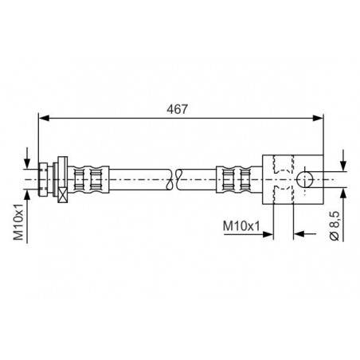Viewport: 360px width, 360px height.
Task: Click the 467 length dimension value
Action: coord(177,109)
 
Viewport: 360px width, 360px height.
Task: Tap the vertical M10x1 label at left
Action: coord(19,221)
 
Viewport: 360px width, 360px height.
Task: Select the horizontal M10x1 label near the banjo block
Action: coord(241,226)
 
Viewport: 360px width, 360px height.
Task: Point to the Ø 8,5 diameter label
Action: coord(335,225)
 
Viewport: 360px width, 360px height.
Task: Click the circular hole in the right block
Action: coord(304,179)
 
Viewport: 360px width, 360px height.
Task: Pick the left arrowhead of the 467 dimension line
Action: coord(44,118)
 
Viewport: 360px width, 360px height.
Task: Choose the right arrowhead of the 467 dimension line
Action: coord(318,118)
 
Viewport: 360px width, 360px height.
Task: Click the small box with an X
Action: coord(63,195)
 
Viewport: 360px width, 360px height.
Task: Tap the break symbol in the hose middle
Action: coord(174,179)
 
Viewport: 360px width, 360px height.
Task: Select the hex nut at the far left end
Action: coord(43,179)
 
